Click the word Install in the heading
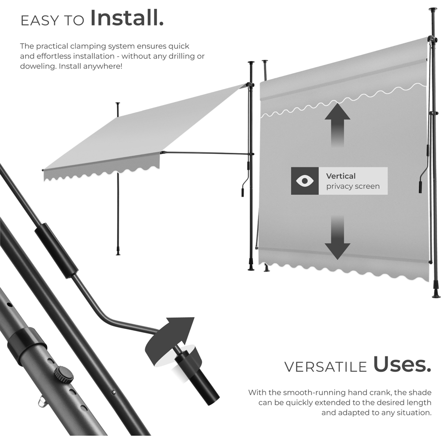point(127,18)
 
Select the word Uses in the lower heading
point(402,364)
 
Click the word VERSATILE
point(325,367)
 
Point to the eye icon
point(305,181)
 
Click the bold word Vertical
point(340,176)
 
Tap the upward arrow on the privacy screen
point(337,125)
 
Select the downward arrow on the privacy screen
point(337,238)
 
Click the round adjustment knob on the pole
point(64,374)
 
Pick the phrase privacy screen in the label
point(353,186)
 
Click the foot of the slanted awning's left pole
point(118,253)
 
